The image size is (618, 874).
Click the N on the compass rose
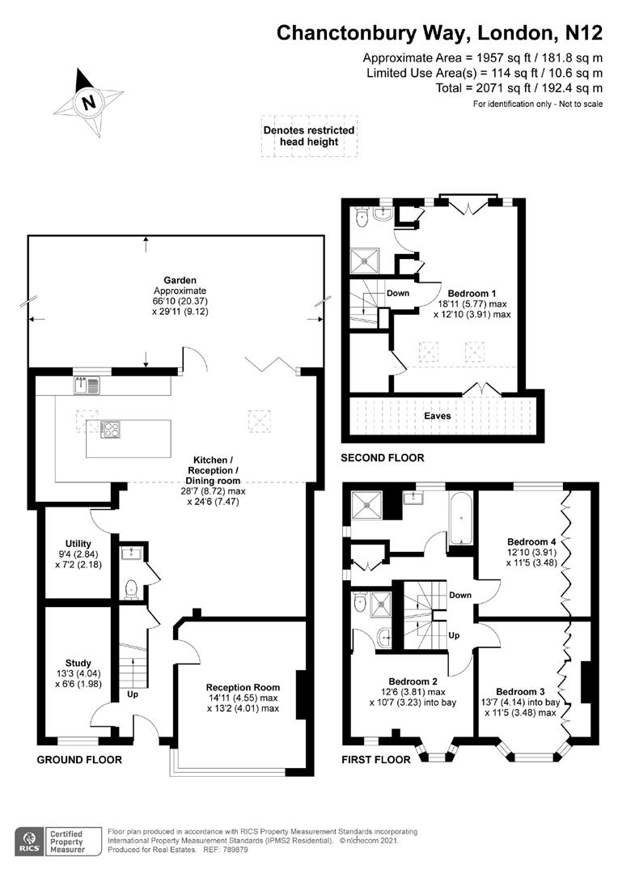(88, 103)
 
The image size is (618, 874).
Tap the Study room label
(78, 664)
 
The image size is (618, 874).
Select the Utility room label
(78, 544)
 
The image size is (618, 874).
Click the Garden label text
(180, 280)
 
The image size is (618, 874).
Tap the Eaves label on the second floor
(438, 416)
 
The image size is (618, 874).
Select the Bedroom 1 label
(472, 293)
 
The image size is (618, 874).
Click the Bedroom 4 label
(531, 541)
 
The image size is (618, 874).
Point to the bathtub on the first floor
(461, 519)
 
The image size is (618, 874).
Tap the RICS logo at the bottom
(30, 842)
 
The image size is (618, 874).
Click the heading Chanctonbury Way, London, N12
(440, 33)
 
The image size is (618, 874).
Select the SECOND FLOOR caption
(383, 457)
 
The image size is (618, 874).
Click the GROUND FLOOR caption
(79, 760)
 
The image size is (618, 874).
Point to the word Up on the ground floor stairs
(133, 694)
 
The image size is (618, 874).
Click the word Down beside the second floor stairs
(398, 293)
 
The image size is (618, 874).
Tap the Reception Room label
(243, 688)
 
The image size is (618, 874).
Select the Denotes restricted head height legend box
(309, 136)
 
